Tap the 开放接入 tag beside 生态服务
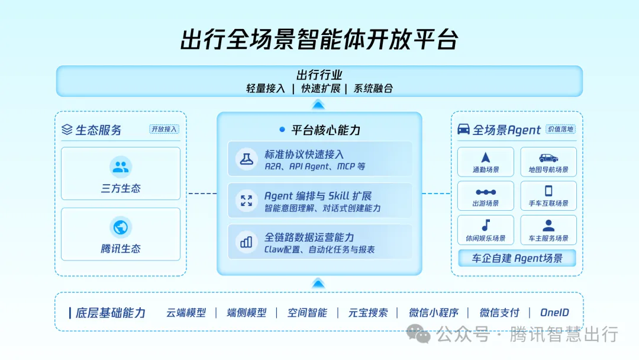point(164,129)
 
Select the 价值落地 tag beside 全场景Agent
point(560,129)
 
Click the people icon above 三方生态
point(121,167)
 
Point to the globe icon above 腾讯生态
point(121,227)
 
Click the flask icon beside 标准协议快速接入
point(246,159)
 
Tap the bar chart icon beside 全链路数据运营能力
point(246,242)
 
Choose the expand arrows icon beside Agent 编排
point(246,200)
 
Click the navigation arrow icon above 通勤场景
point(486,157)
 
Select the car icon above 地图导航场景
point(548,158)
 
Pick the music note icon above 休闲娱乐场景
point(486,225)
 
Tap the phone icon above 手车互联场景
point(548,191)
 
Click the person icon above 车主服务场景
point(548,226)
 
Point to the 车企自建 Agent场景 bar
point(517,258)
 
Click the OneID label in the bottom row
point(554,313)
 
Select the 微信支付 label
point(499,313)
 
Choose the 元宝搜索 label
point(368,313)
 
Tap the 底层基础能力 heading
point(111,313)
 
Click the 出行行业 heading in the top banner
point(319,75)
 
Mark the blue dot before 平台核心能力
point(282,130)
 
